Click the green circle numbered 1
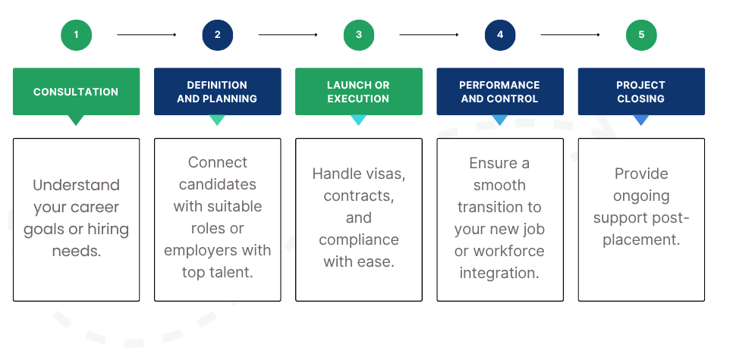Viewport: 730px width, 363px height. pyautogui.click(x=77, y=35)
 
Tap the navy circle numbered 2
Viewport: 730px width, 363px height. pyautogui.click(x=218, y=35)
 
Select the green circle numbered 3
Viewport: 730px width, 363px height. pyautogui.click(x=359, y=35)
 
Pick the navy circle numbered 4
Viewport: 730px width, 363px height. pyautogui.click(x=500, y=35)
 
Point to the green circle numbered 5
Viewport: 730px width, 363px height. pyautogui.click(x=641, y=35)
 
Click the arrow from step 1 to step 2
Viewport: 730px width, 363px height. pyautogui.click(x=146, y=35)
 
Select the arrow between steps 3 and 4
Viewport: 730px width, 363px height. pyautogui.click(x=429, y=35)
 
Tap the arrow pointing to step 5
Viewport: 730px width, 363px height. pyautogui.click(x=571, y=35)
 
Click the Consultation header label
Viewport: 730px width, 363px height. pyautogui.click(x=77, y=92)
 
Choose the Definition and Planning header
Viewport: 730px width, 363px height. pyautogui.click(x=218, y=92)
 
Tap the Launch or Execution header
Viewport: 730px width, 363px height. pyautogui.click(x=359, y=92)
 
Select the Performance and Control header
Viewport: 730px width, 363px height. pyautogui.click(x=500, y=92)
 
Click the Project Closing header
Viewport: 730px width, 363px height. pyautogui.click(x=641, y=92)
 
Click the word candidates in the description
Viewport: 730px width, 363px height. pyautogui.click(x=218, y=184)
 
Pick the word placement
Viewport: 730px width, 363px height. pyautogui.click(x=641, y=240)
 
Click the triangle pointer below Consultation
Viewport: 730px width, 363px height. pyautogui.click(x=76, y=120)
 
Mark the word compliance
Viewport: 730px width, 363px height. pyautogui.click(x=359, y=240)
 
